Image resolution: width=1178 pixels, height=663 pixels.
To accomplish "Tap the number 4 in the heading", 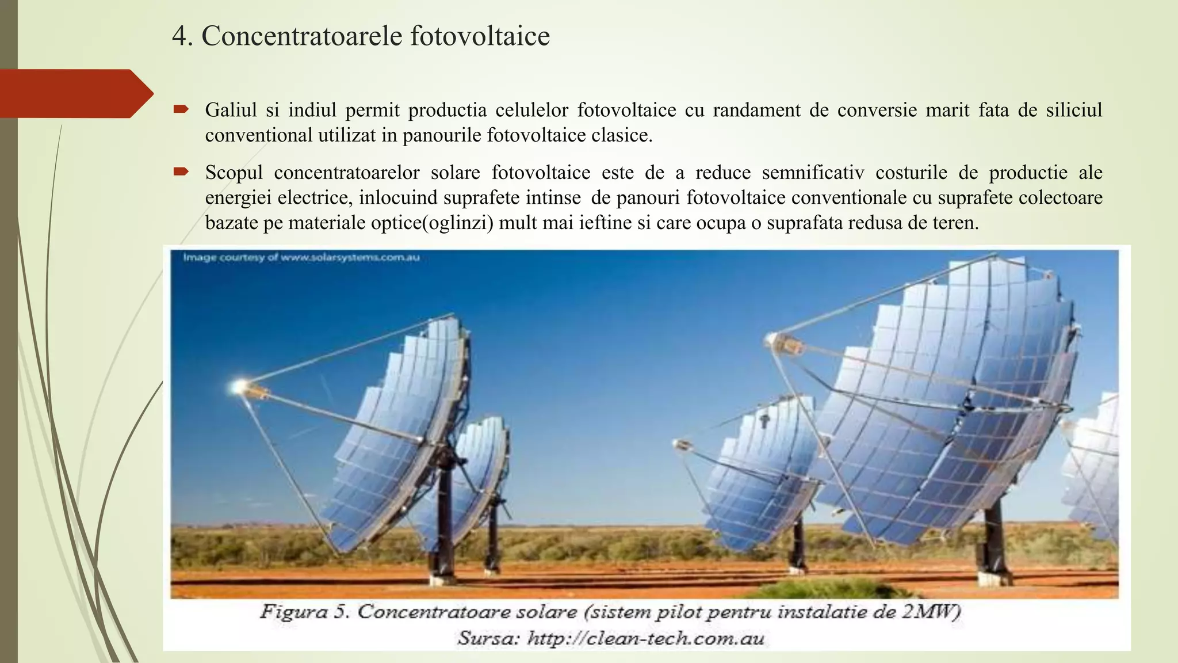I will [x=180, y=37].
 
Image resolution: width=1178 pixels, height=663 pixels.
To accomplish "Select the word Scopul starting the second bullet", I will [x=234, y=173].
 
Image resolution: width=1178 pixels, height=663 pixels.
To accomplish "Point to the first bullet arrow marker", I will [x=181, y=109].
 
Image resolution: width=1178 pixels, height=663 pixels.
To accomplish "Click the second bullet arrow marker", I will [x=181, y=171].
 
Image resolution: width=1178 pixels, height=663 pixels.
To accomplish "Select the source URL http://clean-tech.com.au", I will [x=645, y=638].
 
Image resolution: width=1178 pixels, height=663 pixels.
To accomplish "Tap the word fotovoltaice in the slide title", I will [x=480, y=36].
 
